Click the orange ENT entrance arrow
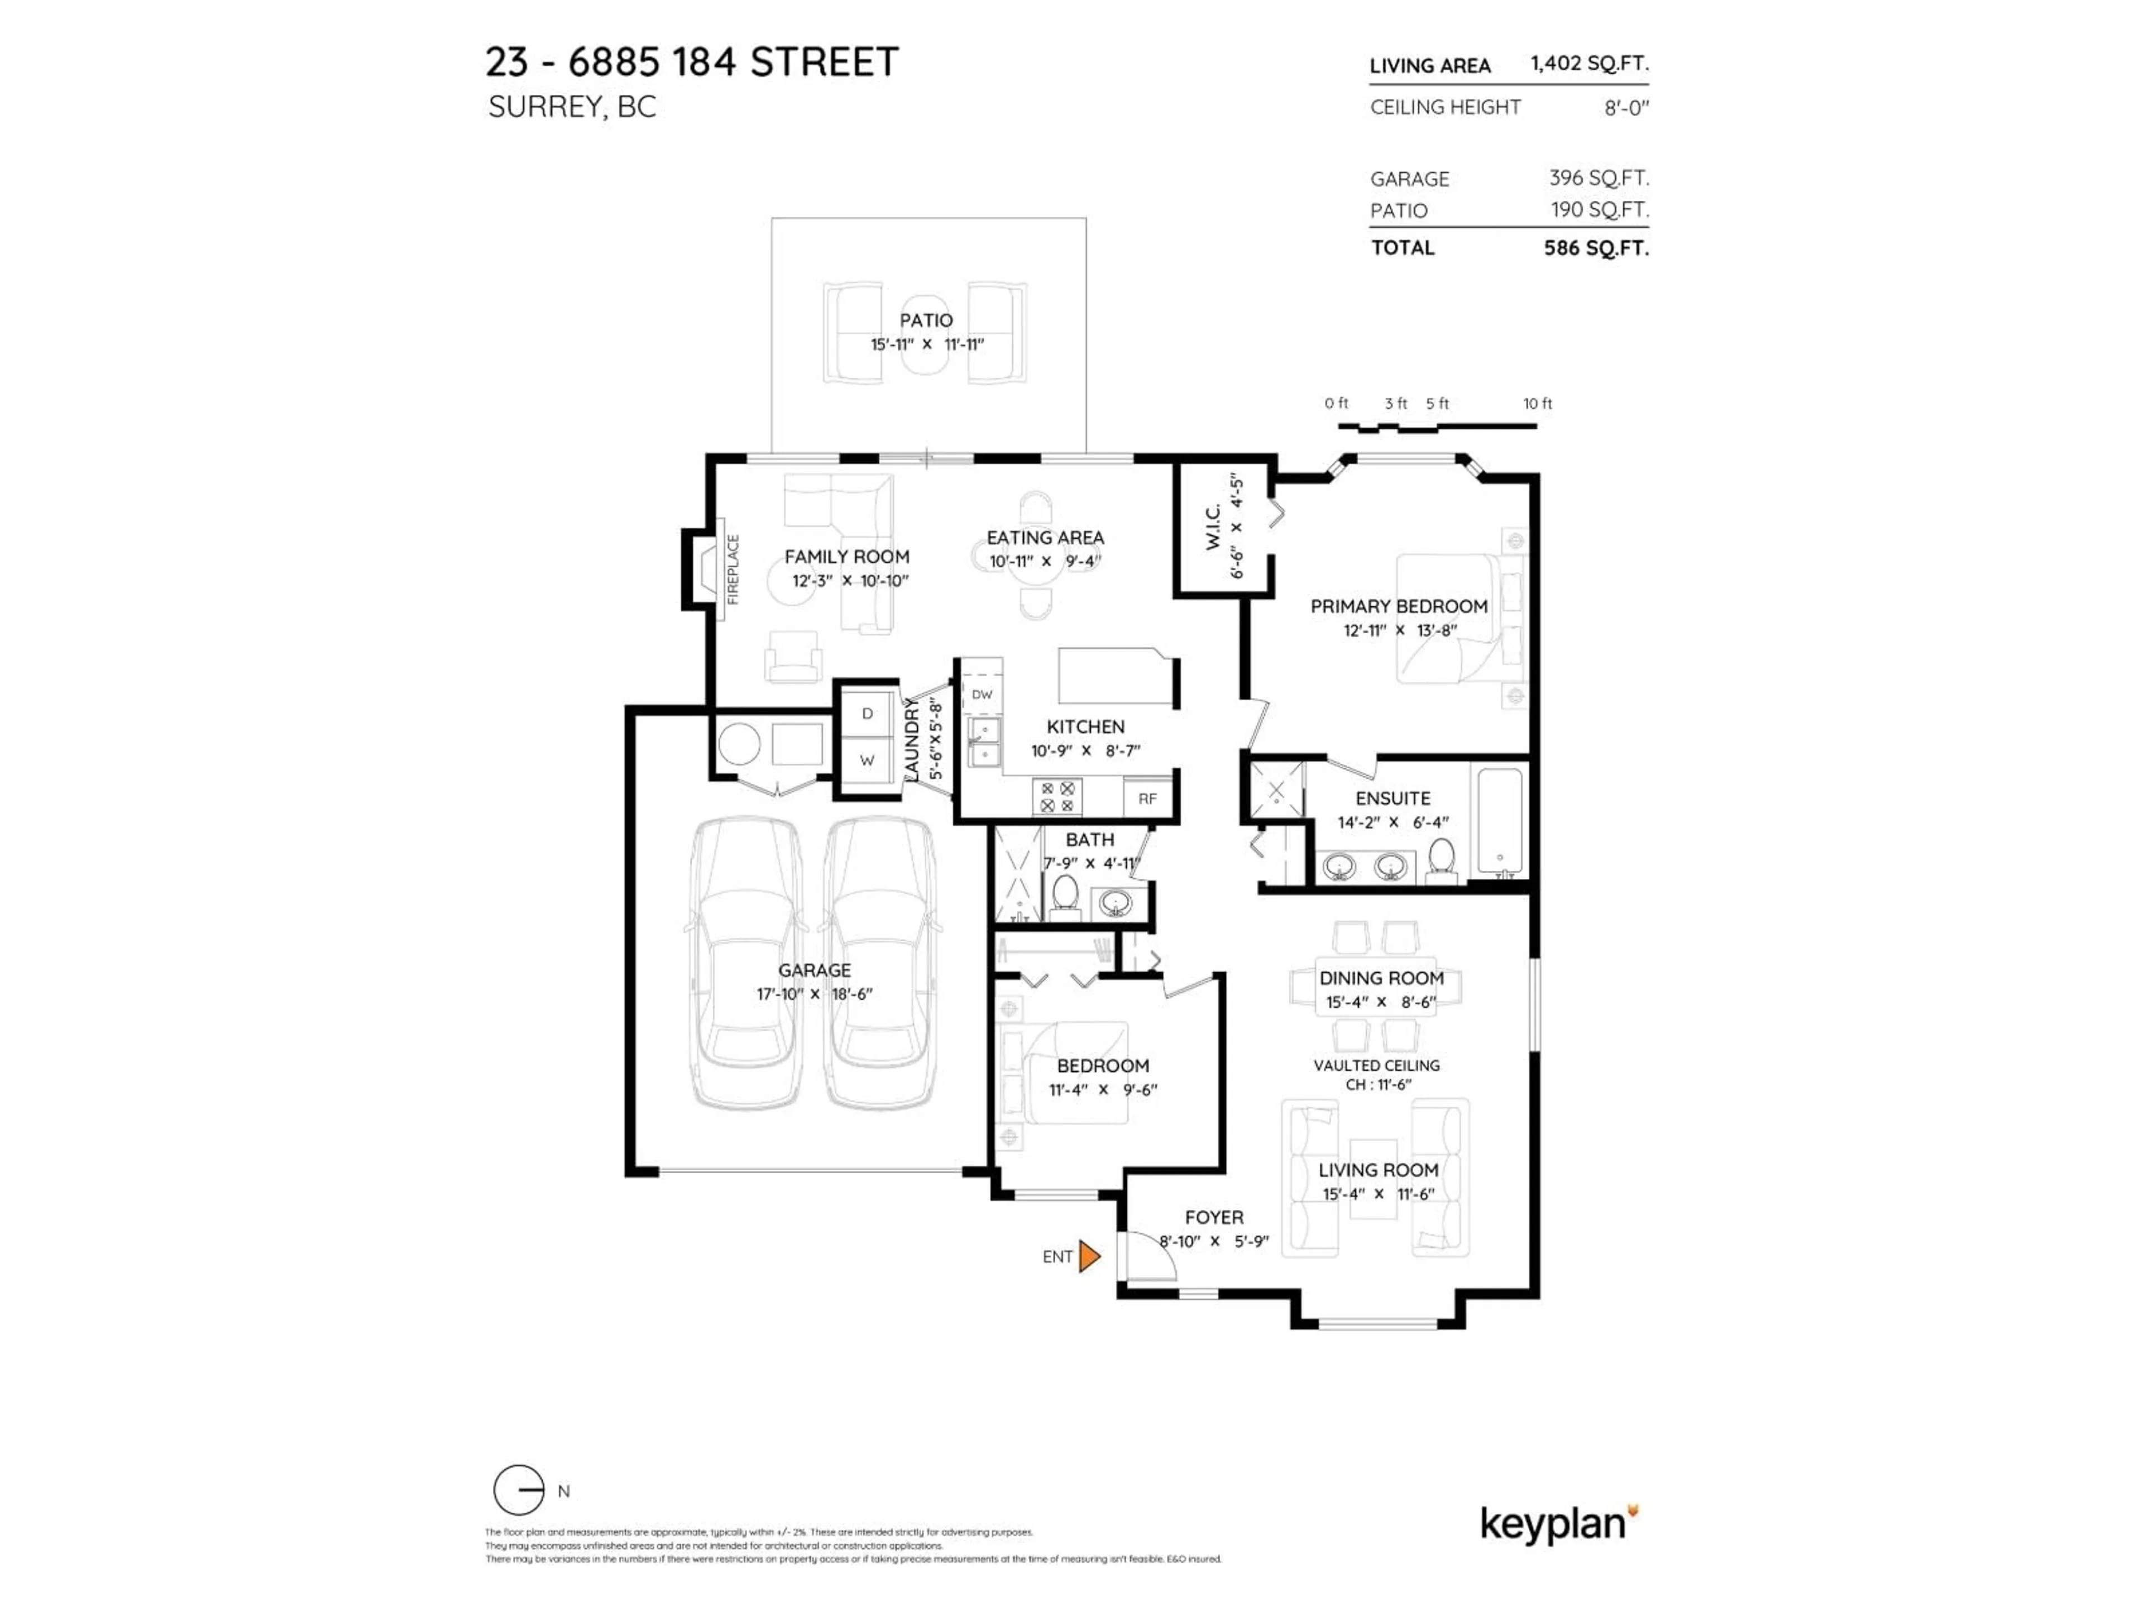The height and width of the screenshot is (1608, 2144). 1089,1257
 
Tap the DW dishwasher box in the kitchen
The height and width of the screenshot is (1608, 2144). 982,694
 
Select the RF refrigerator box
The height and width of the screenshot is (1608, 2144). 1147,798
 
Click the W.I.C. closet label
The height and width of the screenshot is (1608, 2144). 1213,527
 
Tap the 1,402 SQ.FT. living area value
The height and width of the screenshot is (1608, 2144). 1588,64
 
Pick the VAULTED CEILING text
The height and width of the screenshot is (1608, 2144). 1376,1065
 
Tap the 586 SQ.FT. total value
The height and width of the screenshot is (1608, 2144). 1595,248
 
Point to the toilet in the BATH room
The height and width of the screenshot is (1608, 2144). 1065,896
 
